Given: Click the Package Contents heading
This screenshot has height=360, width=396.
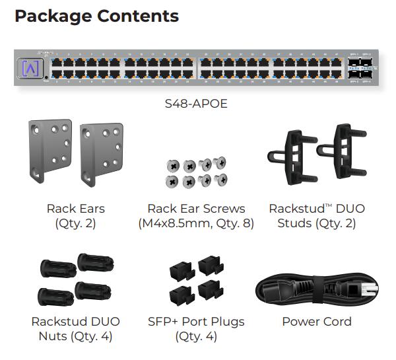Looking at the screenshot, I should (x=96, y=16).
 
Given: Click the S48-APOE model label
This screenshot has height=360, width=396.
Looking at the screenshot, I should (x=196, y=104).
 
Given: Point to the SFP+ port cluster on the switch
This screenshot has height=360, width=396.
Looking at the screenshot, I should (x=363, y=68).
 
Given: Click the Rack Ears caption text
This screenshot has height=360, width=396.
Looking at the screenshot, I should (x=75, y=209).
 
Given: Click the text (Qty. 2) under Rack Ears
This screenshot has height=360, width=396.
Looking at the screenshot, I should (x=75, y=223).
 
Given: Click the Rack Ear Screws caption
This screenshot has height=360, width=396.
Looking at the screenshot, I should (x=196, y=209).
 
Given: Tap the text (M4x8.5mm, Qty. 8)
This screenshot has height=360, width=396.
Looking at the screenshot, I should (x=196, y=223).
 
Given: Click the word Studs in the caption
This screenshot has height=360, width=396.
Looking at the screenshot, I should (x=294, y=223).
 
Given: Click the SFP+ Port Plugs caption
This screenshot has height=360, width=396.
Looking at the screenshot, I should (x=196, y=322).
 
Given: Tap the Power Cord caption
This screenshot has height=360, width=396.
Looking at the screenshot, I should (x=317, y=322).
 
